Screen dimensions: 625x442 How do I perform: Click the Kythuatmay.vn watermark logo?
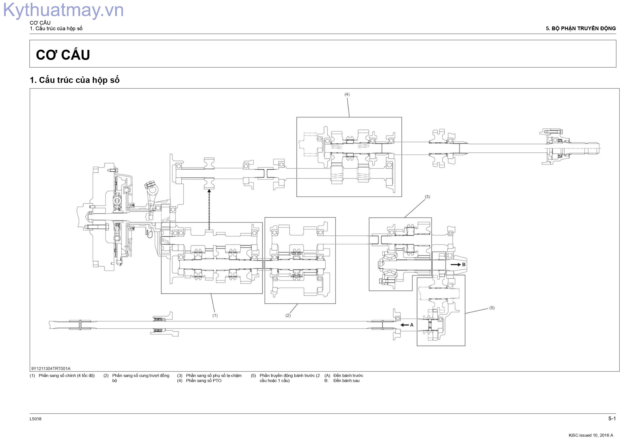click(63, 10)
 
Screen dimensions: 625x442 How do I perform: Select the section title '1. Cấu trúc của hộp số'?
click(75, 80)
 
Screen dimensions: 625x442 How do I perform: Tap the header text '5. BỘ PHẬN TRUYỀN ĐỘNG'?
click(581, 28)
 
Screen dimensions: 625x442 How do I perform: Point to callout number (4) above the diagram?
click(347, 94)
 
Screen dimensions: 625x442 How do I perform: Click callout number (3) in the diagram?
click(427, 197)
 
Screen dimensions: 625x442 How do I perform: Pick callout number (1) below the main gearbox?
click(215, 315)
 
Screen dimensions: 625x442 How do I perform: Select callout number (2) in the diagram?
click(288, 315)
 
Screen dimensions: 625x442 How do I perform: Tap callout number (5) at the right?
click(492, 308)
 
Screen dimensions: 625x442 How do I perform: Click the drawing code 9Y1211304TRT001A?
click(51, 368)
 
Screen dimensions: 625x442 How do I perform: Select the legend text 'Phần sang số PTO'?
click(204, 381)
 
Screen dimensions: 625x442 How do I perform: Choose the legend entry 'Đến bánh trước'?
click(348, 375)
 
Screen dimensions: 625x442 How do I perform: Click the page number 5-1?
click(612, 419)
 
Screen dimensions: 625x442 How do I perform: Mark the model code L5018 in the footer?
click(36, 419)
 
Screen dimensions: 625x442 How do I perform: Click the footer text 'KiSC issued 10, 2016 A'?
click(591, 435)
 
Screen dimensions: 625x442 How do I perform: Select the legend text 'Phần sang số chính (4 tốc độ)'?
click(67, 375)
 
